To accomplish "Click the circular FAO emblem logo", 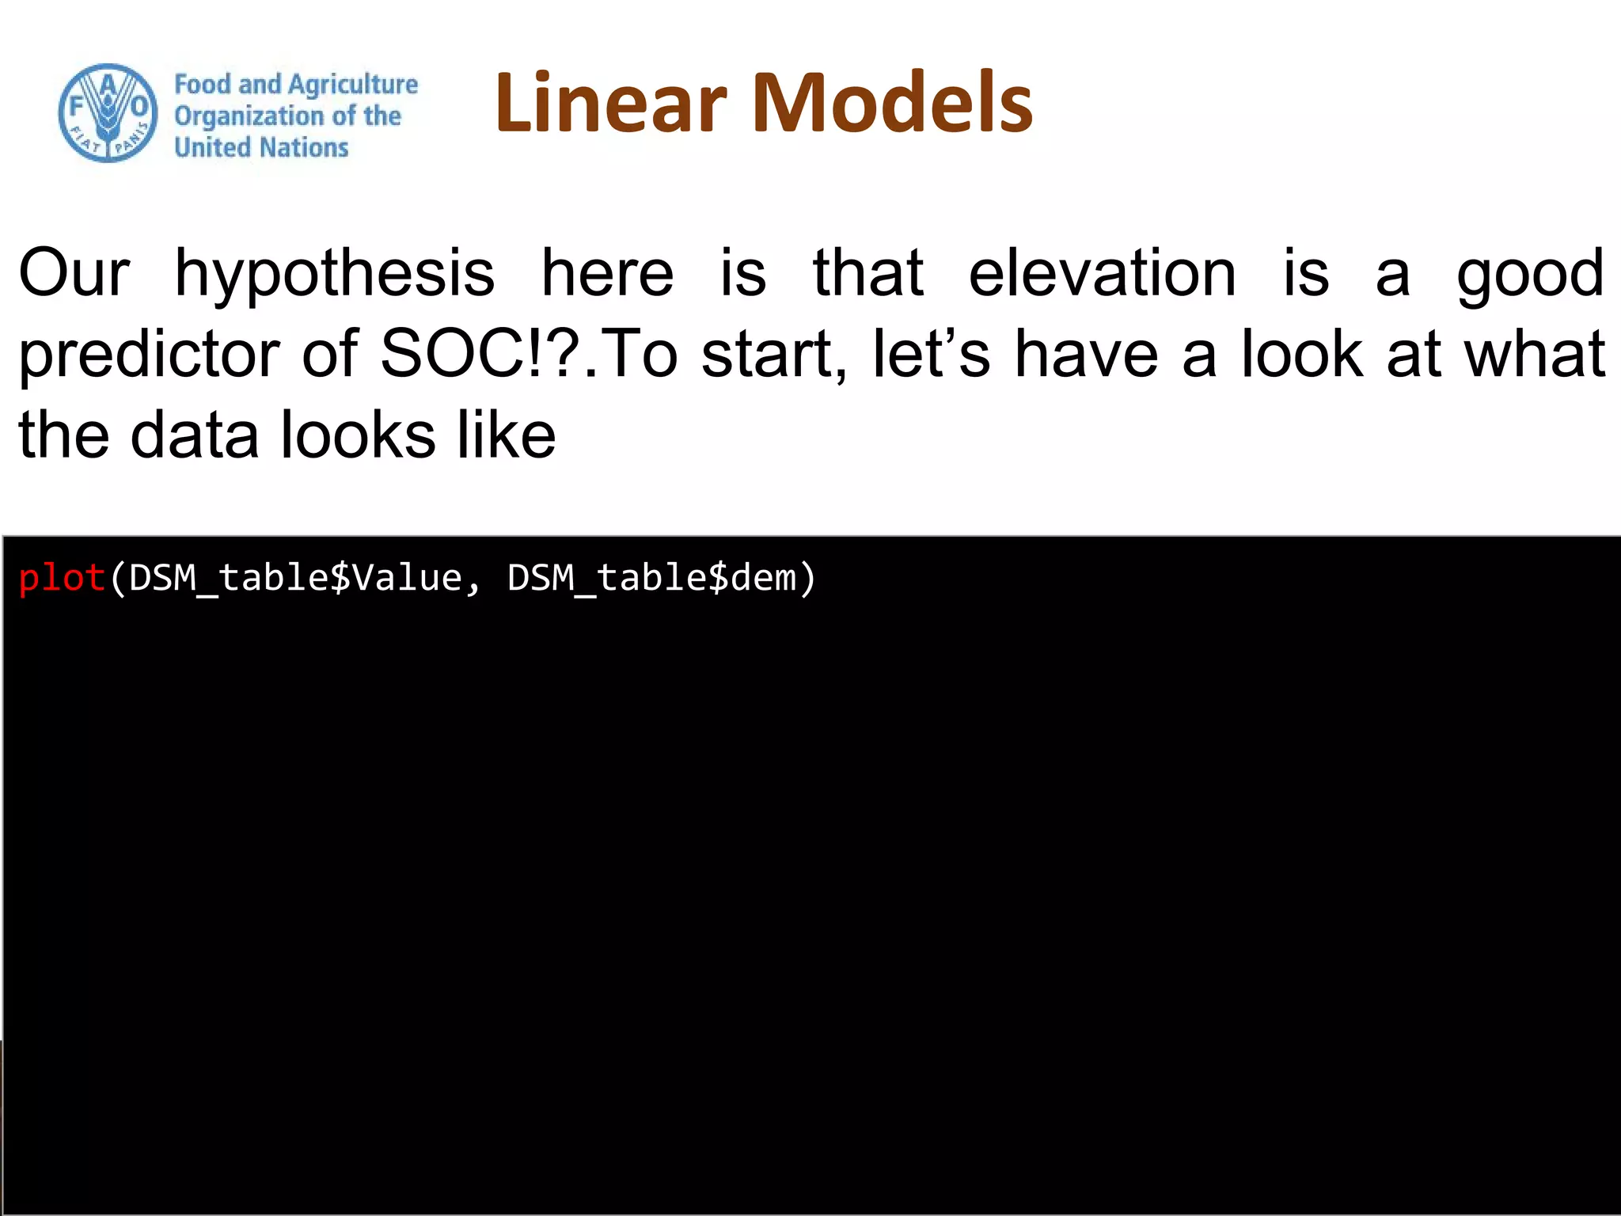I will [108, 113].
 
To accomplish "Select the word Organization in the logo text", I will [249, 116].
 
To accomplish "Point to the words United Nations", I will [261, 148].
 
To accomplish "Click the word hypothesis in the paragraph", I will [335, 273].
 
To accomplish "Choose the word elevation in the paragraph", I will [1102, 273].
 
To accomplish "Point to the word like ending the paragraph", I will [507, 435].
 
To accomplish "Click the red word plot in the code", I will [62, 578].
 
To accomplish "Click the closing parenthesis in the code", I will [807, 578].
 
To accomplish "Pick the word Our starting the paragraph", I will [74, 273].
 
